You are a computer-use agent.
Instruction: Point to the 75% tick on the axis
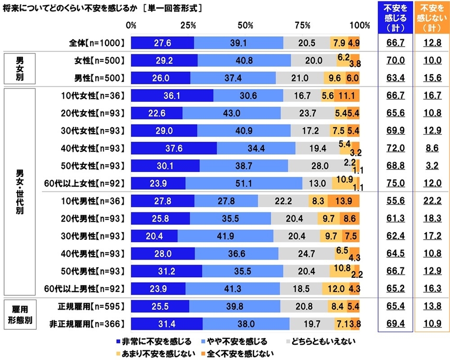tap(302, 25)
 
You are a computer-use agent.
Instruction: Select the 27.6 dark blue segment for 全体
tap(163, 43)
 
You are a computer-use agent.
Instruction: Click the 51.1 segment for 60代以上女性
tap(244, 183)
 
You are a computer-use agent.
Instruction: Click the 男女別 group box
tap(20, 68)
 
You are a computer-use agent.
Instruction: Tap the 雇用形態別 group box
tap(20, 315)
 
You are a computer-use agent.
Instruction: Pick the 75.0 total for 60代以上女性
tap(395, 183)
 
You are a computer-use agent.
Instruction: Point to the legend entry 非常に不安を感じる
tap(154, 342)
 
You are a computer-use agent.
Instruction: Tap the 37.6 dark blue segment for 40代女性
tap(173, 148)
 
